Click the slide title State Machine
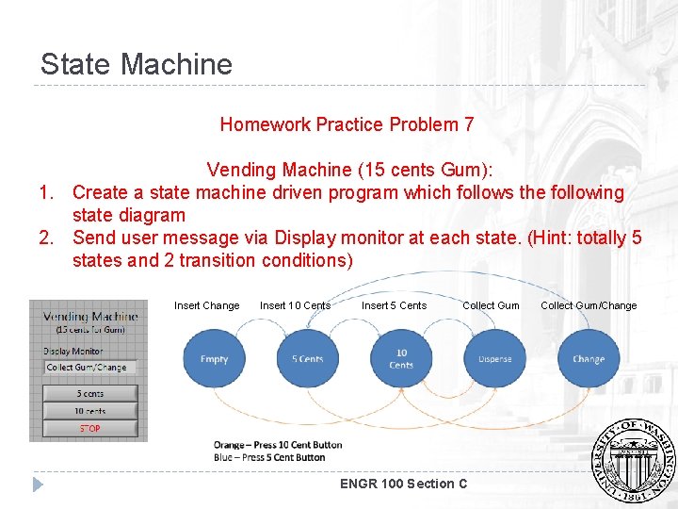click(x=136, y=64)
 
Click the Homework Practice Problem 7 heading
click(x=347, y=124)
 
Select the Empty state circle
click(x=214, y=359)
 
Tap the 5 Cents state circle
click(x=307, y=359)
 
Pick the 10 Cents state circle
click(x=401, y=359)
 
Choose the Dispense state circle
click(x=494, y=359)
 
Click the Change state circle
click(x=589, y=359)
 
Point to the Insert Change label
click(x=206, y=305)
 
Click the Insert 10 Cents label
click(x=295, y=305)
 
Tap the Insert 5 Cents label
click(x=394, y=305)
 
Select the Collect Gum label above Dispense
click(x=491, y=305)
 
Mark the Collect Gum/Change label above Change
click(x=589, y=305)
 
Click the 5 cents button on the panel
click(x=90, y=393)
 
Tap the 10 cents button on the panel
click(x=90, y=411)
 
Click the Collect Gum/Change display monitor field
click(x=90, y=368)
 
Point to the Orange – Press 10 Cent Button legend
click(x=278, y=445)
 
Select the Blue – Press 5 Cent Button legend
click(x=269, y=458)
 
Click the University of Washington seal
click(x=632, y=461)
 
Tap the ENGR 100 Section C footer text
click(x=403, y=484)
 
